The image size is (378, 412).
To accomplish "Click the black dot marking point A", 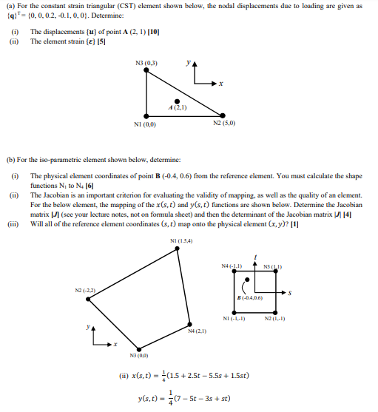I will (x=176, y=101).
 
